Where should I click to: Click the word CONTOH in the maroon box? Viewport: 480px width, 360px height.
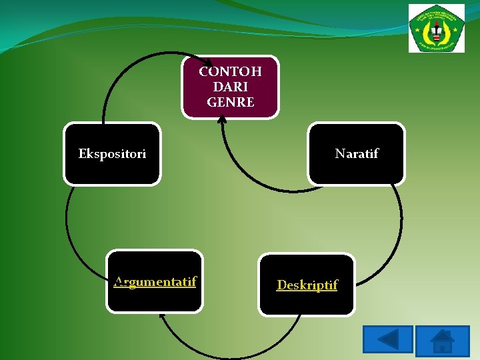(x=230, y=71)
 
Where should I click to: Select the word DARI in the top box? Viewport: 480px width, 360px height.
(x=230, y=87)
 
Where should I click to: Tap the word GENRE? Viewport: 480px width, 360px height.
(x=230, y=102)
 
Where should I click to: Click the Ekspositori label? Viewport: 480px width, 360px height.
(x=112, y=154)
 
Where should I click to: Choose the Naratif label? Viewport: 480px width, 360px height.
(x=356, y=154)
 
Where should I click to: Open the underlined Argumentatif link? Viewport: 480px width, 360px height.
(x=155, y=281)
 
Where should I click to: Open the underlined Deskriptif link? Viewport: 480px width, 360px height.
(x=307, y=285)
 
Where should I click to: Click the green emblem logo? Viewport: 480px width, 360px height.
(x=437, y=28)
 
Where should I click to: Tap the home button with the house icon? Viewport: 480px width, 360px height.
(x=442, y=341)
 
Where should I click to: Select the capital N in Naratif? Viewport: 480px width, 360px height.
(x=339, y=154)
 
